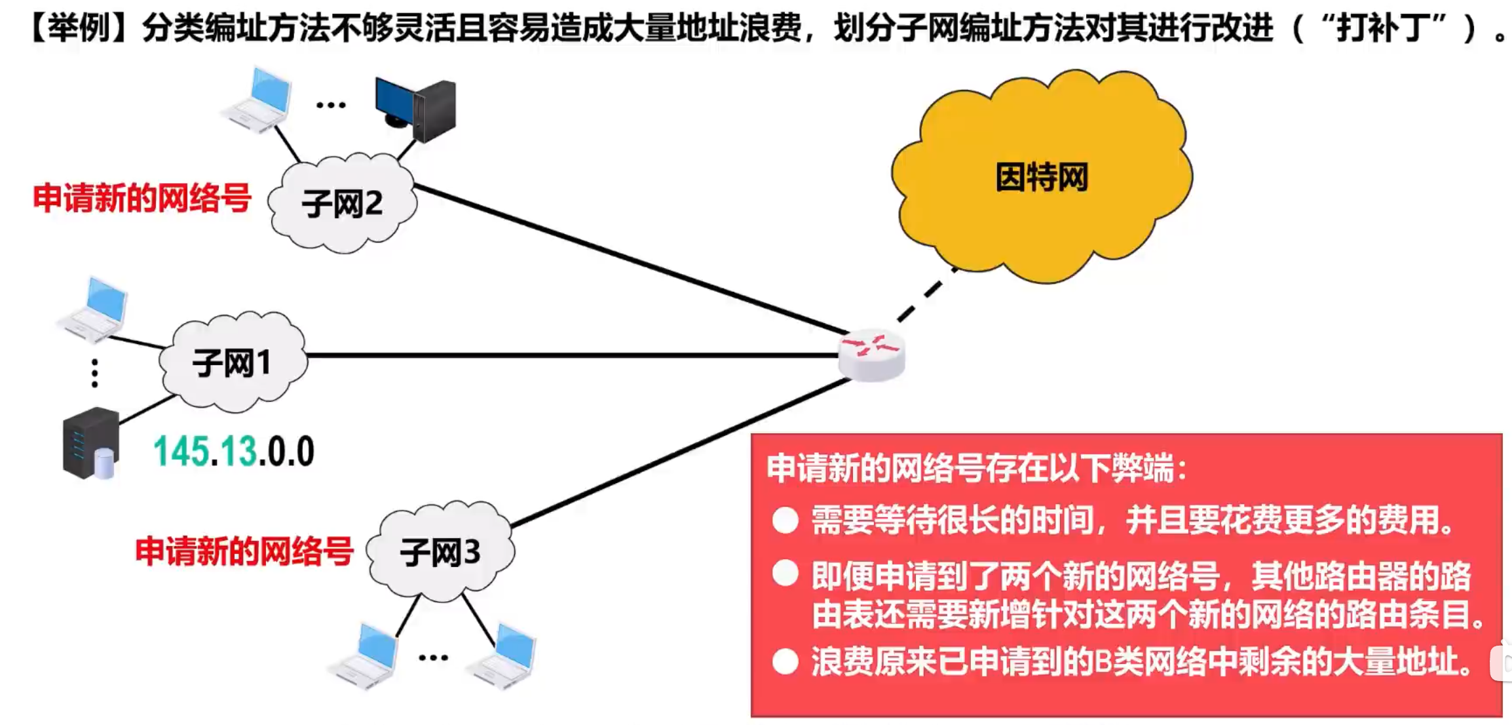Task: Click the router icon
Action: coord(872,355)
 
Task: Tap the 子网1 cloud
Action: coord(233,362)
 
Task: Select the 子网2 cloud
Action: coord(342,203)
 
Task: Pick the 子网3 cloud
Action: coord(440,552)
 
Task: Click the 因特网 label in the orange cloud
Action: coord(1042,177)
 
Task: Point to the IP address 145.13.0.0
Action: coord(234,452)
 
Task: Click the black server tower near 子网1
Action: coord(90,443)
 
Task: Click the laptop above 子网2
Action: coord(259,100)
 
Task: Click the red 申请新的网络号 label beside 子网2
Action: coord(142,198)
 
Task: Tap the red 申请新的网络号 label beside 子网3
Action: coord(244,551)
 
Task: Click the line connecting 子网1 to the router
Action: coord(570,355)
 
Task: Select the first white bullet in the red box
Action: coord(785,520)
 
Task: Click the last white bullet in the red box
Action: coord(785,662)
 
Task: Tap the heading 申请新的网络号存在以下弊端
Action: coord(976,468)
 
